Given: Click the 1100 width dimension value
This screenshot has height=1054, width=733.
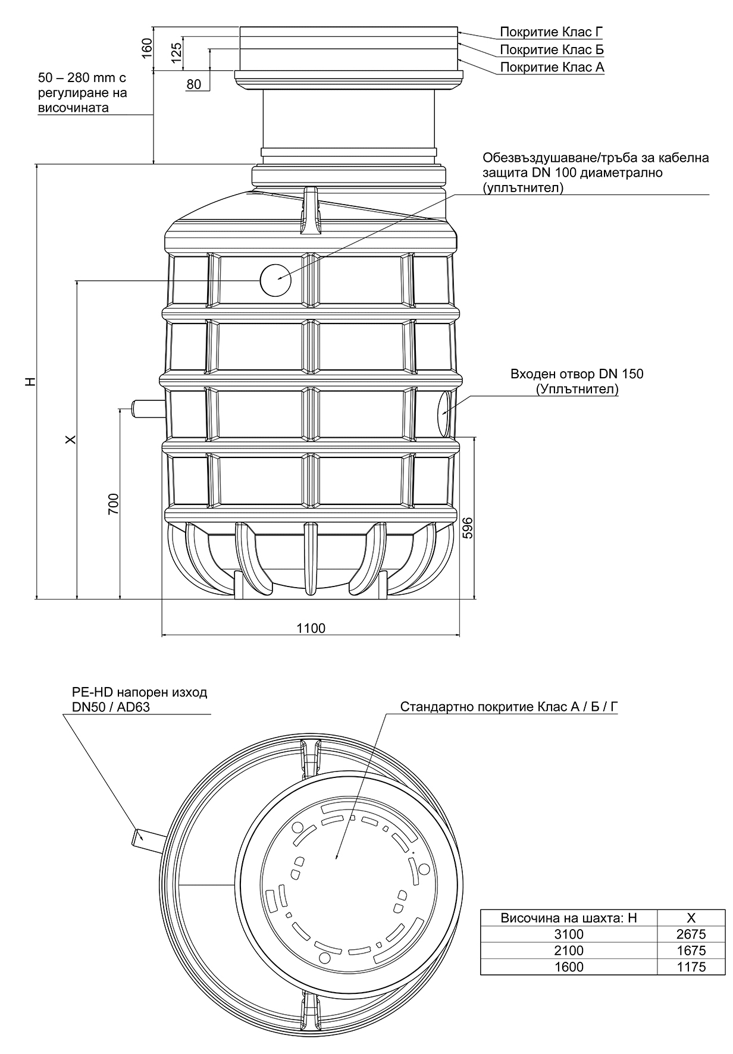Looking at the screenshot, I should point(311,628).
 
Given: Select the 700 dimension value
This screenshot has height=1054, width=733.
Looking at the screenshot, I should point(114,504).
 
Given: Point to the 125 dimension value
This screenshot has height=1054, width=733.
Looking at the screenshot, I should point(176,52).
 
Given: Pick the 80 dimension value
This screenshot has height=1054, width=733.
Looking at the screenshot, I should point(194,84).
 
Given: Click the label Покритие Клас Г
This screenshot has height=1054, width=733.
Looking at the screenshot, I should point(552,32).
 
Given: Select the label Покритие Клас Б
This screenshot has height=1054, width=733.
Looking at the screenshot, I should point(552,49).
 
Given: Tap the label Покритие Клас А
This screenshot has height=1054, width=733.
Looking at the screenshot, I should point(552,67).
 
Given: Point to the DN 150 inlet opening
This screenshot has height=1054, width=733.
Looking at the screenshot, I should point(445,412).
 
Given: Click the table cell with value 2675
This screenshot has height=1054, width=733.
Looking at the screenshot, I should point(691,934).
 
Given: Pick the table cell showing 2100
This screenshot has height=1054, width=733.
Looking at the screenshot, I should point(569,951).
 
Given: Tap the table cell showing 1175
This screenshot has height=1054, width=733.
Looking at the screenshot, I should point(691,967).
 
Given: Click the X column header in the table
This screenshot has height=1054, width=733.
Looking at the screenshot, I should point(691,918).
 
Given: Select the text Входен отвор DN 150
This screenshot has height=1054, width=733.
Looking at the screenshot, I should point(577,374).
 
